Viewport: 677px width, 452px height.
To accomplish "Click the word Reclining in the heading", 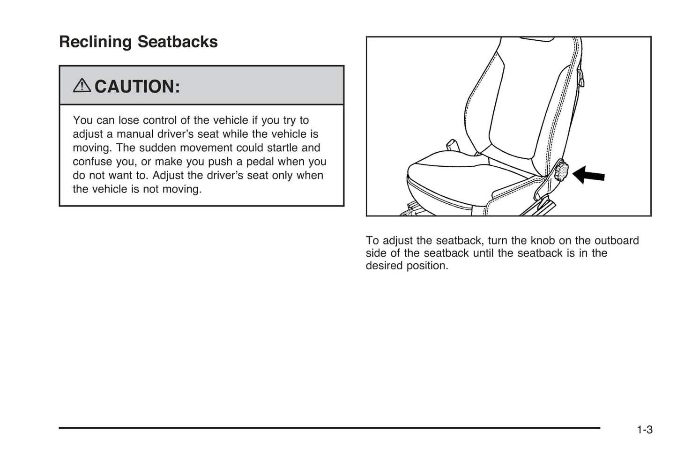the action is (96, 42).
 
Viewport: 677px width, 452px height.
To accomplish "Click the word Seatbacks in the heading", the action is (178, 41).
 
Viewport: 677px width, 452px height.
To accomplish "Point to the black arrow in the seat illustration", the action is (588, 175).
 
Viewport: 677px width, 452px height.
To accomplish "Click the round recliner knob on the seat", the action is (562, 172).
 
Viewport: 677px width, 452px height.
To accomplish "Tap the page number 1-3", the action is (645, 430).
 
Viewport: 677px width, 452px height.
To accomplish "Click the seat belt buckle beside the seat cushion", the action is (453, 146).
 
